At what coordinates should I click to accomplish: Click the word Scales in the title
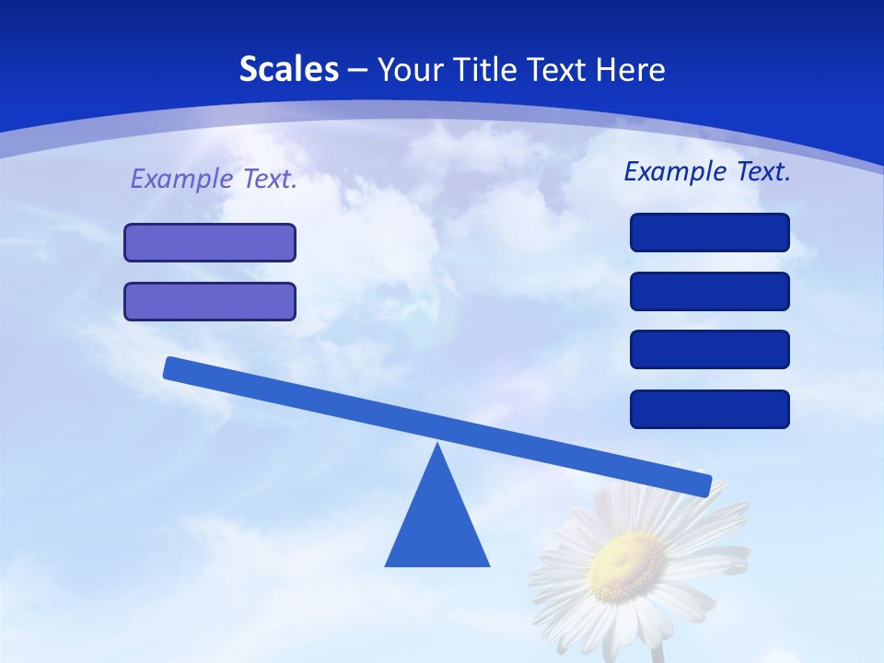pos(288,69)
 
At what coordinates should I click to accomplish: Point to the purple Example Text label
pos(214,179)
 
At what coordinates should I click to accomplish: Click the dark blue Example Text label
pos(707,171)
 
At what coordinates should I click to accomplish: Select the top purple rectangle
pos(210,242)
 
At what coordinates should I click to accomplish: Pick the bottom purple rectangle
pos(210,301)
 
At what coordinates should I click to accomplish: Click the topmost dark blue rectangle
pos(710,232)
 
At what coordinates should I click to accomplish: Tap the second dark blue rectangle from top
pos(710,291)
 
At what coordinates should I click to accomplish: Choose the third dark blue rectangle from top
pos(710,349)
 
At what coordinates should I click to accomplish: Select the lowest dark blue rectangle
pos(710,409)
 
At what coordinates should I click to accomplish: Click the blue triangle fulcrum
pos(437,525)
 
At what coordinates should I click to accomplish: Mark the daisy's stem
pos(657,652)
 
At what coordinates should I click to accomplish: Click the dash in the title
pos(358,70)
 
